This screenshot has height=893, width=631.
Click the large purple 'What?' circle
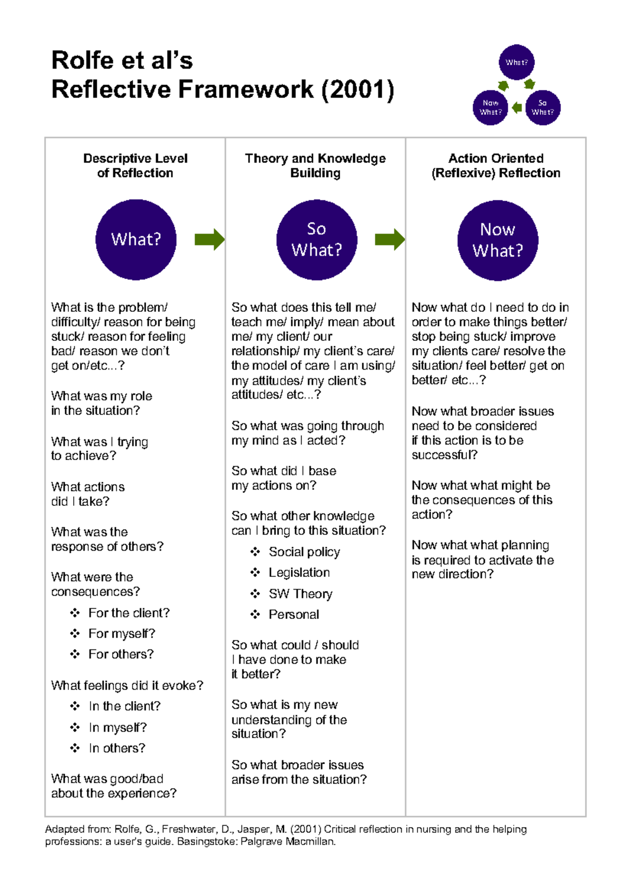pyautogui.click(x=136, y=239)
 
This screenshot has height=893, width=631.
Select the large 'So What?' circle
pyautogui.click(x=317, y=240)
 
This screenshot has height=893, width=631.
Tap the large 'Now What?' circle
pyautogui.click(x=497, y=240)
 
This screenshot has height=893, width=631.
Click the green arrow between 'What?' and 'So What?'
pyautogui.click(x=209, y=239)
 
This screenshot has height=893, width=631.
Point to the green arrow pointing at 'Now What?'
pyautogui.click(x=390, y=239)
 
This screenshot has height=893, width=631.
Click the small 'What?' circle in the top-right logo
pyautogui.click(x=516, y=62)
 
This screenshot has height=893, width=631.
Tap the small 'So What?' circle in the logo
pyautogui.click(x=543, y=107)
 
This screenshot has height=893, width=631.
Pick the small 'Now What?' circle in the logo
pyautogui.click(x=490, y=107)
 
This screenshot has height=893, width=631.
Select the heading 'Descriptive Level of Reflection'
pyautogui.click(x=135, y=166)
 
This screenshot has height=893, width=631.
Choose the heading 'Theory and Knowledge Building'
pyautogui.click(x=315, y=166)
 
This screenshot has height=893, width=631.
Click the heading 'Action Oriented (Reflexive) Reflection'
pyautogui.click(x=496, y=166)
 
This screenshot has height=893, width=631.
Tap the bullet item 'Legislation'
pyautogui.click(x=299, y=572)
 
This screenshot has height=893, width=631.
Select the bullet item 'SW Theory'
pyautogui.click(x=300, y=594)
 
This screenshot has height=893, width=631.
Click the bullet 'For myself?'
pyautogui.click(x=121, y=634)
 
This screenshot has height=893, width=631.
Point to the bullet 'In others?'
pyautogui.click(x=117, y=748)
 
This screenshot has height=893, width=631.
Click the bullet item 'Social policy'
pyautogui.click(x=304, y=552)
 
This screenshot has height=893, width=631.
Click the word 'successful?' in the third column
pyautogui.click(x=444, y=455)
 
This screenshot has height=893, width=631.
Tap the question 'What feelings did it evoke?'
pyautogui.click(x=127, y=685)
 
